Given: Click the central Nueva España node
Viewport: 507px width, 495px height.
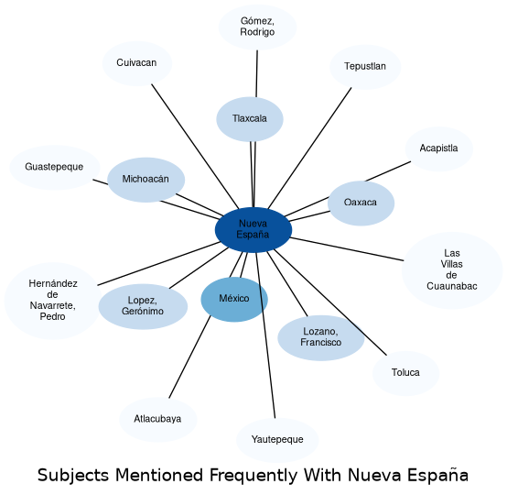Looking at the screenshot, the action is tap(253, 230).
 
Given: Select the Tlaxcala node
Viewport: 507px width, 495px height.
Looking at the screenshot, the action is tap(250, 119).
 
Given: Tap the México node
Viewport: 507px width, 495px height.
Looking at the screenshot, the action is tap(234, 300).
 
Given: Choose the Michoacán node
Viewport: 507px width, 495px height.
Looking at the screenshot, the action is tap(146, 180).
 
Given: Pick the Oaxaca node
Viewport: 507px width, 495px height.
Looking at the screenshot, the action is tap(361, 203).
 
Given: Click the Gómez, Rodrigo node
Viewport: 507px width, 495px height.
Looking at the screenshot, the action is tap(257, 27).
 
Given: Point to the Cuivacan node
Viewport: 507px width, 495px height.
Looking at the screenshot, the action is tap(137, 63).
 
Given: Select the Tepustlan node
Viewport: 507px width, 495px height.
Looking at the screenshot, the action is tap(365, 67).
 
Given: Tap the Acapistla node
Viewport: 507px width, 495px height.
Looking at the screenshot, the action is tap(439, 148).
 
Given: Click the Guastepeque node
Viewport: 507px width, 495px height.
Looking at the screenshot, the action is tap(55, 168).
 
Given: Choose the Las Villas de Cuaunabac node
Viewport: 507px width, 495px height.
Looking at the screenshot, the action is tap(452, 270).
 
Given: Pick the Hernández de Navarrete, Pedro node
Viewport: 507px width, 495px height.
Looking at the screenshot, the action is tap(53, 301).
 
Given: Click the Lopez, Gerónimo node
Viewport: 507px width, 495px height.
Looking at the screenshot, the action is tap(143, 306).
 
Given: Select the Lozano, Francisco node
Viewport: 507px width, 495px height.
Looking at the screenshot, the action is tap(320, 337).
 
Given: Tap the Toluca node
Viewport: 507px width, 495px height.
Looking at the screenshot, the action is tap(405, 373).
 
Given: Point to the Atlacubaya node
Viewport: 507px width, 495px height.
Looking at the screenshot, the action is tap(157, 420).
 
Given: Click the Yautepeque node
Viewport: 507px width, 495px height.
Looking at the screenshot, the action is tap(277, 440).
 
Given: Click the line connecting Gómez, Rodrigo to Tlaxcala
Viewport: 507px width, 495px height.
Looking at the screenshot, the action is tap(257, 73).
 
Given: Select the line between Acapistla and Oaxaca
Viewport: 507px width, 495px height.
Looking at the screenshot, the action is tap(388, 171).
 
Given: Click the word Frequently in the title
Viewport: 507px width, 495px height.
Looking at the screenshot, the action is tap(253, 476).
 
